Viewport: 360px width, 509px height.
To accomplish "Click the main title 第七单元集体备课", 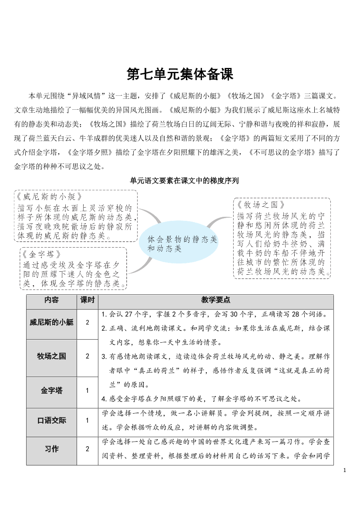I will pos(180,74).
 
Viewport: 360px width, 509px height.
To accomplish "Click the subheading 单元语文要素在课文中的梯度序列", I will pos(180,180).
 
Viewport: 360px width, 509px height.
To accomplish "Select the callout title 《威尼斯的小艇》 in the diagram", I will pos(48,196).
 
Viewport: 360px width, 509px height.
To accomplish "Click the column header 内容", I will pos(52,300).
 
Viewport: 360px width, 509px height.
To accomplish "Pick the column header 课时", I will pos(87,300).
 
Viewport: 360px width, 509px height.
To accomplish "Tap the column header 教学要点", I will pos(215,300).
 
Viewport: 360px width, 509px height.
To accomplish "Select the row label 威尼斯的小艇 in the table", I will pos(52,323).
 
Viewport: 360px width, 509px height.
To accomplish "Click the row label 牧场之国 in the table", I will pos(52,356).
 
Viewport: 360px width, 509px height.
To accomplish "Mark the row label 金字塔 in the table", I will pos(52,391).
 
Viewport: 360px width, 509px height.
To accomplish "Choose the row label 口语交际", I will pos(52,420).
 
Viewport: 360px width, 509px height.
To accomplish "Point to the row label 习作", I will pos(52,449).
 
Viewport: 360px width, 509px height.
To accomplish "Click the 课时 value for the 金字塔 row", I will pos(87,391).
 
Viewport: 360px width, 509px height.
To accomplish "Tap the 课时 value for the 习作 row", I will pos(87,449).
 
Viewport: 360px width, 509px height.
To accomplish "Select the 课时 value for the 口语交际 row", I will pos(87,420).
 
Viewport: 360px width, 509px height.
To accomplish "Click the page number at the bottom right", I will pos(345,470).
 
